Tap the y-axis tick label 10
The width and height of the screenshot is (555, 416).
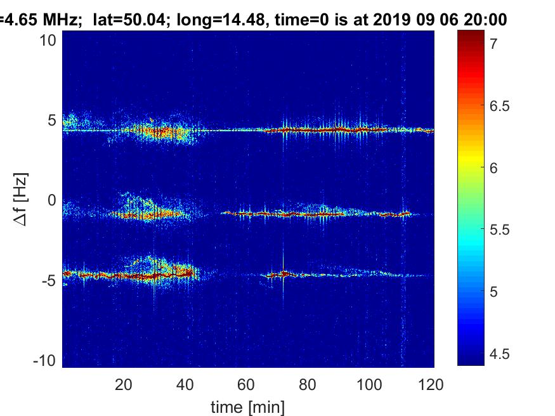click(49, 40)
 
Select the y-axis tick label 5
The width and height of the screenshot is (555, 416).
click(53, 120)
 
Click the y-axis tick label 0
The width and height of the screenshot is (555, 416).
click(53, 200)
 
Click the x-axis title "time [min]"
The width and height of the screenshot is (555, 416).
click(247, 406)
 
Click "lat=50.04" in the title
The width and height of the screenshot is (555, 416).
click(124, 20)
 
